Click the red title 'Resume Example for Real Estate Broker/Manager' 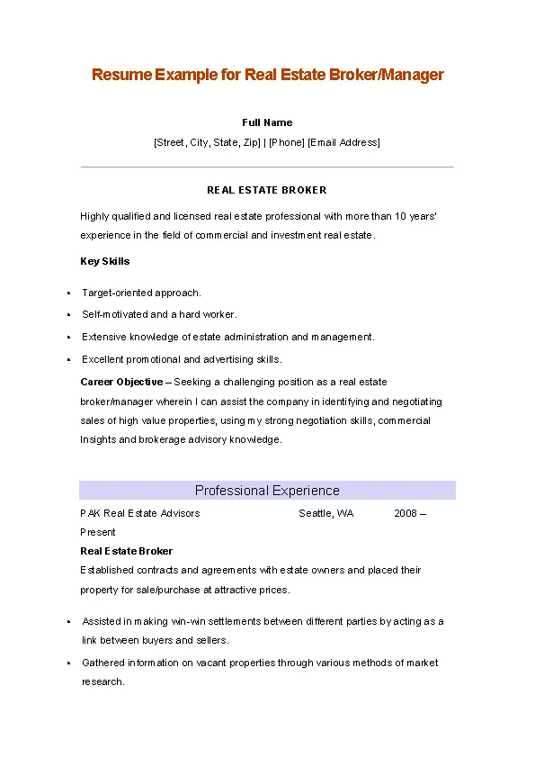coord(267,75)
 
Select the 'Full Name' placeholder coord(267,122)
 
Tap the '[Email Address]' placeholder coord(343,142)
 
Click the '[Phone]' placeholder coord(286,142)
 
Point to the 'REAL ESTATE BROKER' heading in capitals coord(267,190)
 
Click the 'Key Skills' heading coord(105,261)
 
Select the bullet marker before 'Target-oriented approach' coord(68,293)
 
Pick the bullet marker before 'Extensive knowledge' coord(68,338)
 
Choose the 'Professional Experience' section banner coord(267,491)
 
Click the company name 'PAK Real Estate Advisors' coord(140,513)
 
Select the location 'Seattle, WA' coord(326,513)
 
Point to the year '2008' coord(406,513)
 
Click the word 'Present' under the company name coord(98,532)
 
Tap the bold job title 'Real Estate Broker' coord(127,551)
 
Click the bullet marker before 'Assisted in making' coord(68,622)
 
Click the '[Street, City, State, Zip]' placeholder coord(207,142)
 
